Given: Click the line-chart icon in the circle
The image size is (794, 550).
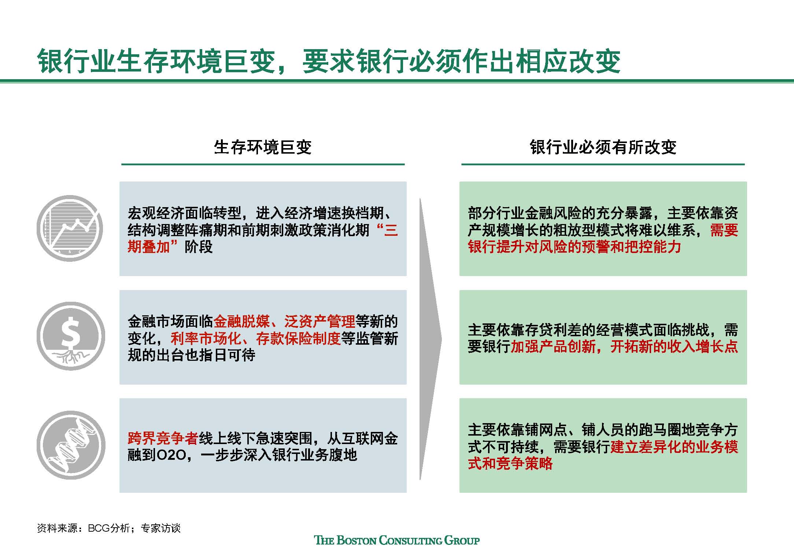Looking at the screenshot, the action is pos(70,228).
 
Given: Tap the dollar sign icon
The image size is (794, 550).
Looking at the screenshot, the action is pos(70,336).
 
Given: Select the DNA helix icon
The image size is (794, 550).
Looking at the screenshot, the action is pos(71,445).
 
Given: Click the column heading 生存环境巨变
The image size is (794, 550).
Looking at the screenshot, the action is pos(263,147).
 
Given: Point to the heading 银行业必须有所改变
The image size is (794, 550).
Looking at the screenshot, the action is pos(603,147).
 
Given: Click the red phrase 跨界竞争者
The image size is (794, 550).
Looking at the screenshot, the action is pos(163,438).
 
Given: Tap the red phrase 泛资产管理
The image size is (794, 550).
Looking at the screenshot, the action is pos(320,322).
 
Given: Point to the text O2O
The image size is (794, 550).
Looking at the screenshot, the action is pos(171,455).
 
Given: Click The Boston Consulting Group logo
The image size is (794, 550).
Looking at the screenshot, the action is pos(397,540).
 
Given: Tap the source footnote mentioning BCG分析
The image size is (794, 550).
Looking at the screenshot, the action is pos(109,528).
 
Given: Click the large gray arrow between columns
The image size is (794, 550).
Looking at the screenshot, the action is pos(431,339).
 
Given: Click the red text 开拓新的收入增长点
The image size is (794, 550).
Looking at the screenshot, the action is pos(674,346).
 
